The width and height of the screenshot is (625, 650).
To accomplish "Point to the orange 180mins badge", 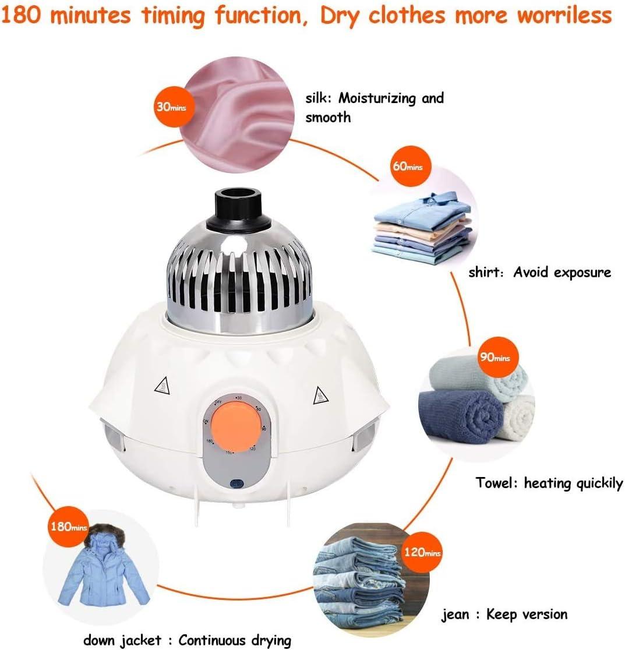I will (68, 527).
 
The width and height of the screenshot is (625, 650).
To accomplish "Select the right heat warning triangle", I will (319, 396).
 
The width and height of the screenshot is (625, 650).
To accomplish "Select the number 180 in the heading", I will (23, 16).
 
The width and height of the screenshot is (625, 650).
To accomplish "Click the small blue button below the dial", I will (236, 484).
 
